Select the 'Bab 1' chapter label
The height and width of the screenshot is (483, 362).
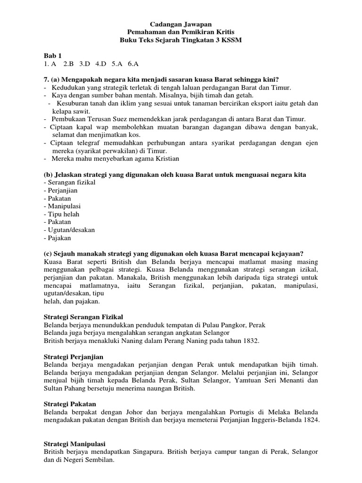pos(53,56)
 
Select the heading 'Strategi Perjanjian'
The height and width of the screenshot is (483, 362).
pos(73,357)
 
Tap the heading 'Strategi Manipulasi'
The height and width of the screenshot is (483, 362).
pos(74,444)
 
